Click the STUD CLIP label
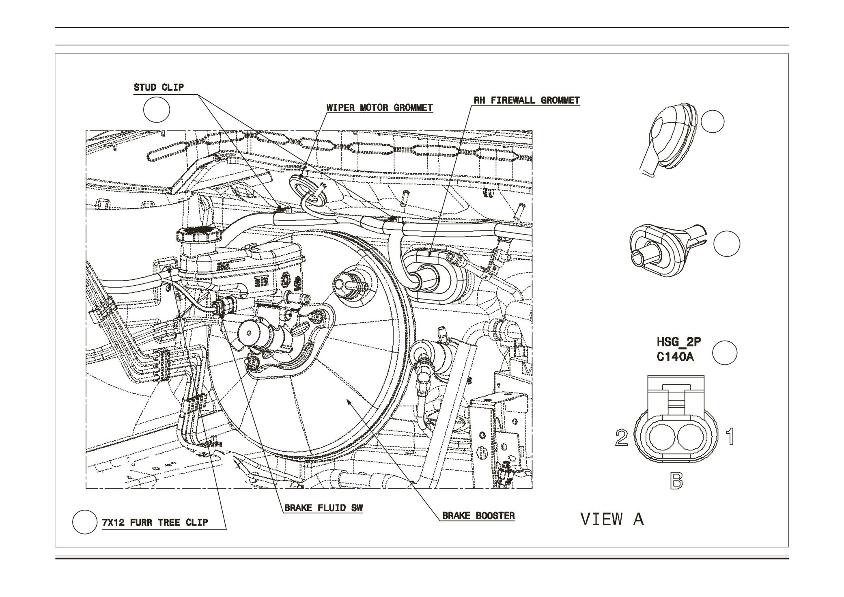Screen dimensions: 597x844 pyautogui.click(x=159, y=87)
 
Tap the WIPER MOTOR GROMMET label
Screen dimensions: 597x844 pyautogui.click(x=379, y=108)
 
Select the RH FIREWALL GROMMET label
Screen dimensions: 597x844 pyautogui.click(x=527, y=100)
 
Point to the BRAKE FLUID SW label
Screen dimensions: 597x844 pyautogui.click(x=323, y=508)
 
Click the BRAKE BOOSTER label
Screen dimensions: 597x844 pyautogui.click(x=478, y=515)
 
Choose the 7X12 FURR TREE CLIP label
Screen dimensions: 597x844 pyautogui.click(x=155, y=522)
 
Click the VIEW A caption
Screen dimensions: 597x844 pyautogui.click(x=612, y=519)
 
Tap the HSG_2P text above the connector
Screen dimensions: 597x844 pyautogui.click(x=678, y=342)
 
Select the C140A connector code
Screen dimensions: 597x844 pyautogui.click(x=675, y=358)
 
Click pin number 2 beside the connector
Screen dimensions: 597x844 pyautogui.click(x=621, y=438)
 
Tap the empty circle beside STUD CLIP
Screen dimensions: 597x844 pyautogui.click(x=157, y=110)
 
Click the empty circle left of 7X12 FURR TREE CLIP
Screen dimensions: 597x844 pyautogui.click(x=85, y=522)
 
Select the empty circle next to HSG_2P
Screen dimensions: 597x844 pyautogui.click(x=725, y=352)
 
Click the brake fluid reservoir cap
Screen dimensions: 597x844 pyautogui.click(x=198, y=235)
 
